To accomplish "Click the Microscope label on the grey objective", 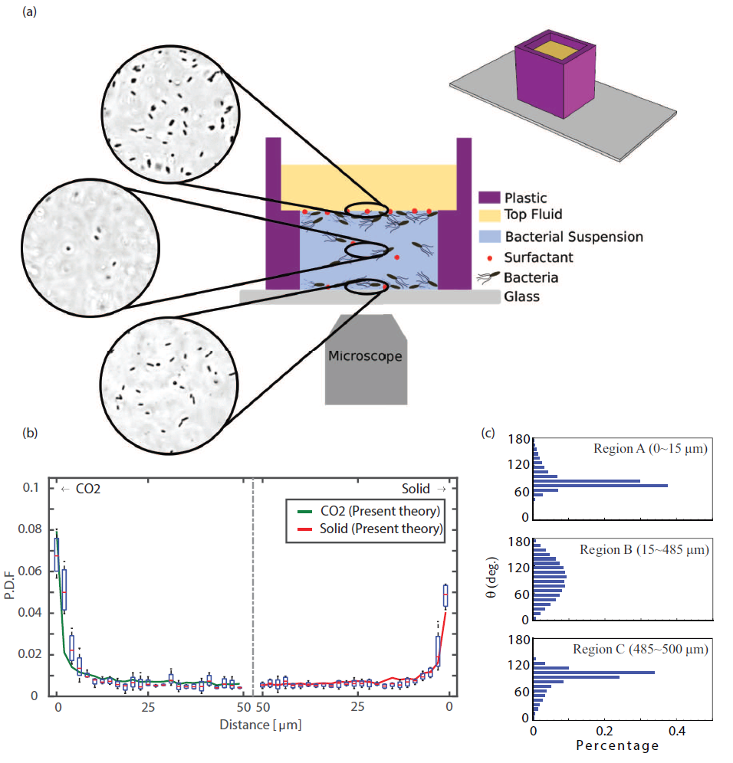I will [x=365, y=355].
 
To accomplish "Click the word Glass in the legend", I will [x=521, y=296].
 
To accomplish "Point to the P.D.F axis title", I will [x=12, y=592].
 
